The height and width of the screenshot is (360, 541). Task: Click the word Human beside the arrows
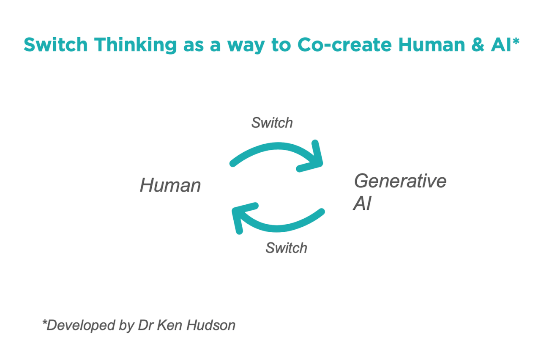tap(170, 185)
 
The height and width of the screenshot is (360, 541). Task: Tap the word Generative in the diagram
tap(400, 181)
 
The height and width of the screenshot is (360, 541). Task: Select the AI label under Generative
tap(362, 203)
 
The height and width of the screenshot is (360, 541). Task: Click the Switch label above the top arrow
tap(272, 123)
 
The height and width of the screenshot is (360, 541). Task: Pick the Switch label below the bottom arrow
tap(286, 247)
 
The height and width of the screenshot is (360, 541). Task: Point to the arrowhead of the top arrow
tap(315, 159)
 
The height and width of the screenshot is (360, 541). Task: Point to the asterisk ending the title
tap(515, 41)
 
